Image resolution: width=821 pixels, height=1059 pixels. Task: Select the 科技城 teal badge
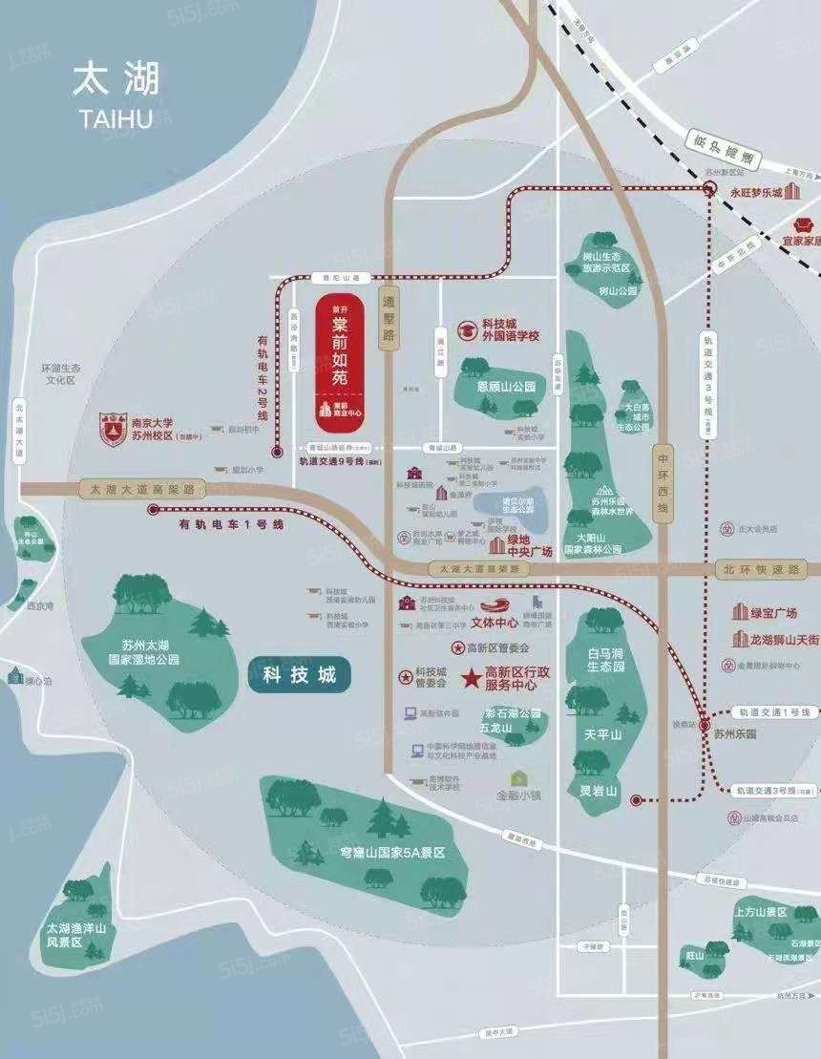[x=299, y=675]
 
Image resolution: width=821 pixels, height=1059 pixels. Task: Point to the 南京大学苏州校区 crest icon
[x=114, y=430]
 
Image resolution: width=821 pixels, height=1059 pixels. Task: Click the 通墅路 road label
[x=389, y=317]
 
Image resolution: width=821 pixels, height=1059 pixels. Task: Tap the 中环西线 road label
[x=663, y=483]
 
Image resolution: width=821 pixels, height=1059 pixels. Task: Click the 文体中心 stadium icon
[x=496, y=604]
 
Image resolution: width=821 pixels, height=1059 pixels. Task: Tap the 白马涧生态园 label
[x=606, y=659]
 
